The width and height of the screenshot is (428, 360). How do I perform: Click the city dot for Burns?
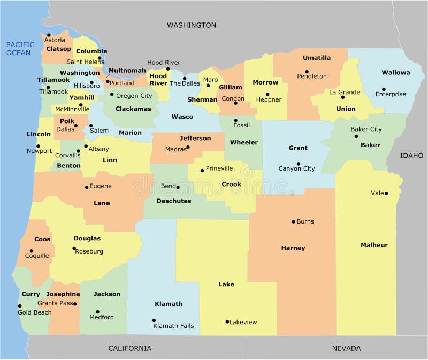[x=293, y=221]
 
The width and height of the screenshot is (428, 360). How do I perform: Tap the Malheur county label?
[x=374, y=245]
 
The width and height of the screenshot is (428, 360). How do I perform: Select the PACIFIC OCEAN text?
[x=20, y=49]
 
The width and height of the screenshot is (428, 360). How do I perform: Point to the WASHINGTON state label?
[x=191, y=25]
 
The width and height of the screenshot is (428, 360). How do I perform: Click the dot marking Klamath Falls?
[x=154, y=320]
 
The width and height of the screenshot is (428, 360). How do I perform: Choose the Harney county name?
[x=293, y=248]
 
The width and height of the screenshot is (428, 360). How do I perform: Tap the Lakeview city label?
[x=243, y=322]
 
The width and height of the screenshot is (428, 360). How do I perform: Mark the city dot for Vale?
[x=386, y=193]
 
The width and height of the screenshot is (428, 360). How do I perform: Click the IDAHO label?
[x=412, y=155]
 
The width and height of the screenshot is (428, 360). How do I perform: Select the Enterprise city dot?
[x=384, y=89]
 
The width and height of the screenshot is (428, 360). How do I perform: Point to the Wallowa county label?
[x=395, y=72]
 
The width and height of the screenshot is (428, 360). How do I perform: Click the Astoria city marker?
[x=49, y=35]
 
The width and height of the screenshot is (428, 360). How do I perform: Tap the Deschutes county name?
[x=173, y=201]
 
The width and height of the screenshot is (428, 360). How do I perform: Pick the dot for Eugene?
[x=86, y=187]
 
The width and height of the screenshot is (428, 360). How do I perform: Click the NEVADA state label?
[x=346, y=348]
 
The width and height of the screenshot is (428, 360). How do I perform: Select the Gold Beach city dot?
[x=20, y=307]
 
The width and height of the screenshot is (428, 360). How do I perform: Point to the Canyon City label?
[x=296, y=168]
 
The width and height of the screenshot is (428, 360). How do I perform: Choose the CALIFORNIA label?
[x=129, y=348]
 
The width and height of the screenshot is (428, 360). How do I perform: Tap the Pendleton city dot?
[x=307, y=72]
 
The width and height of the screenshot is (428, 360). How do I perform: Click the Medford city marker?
[x=97, y=312]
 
